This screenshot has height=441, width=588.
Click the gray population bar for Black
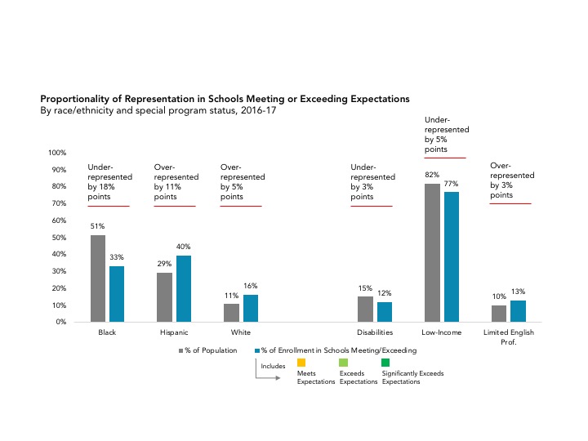98,278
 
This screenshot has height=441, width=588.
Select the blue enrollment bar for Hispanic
184,288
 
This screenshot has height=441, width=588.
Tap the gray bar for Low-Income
432,252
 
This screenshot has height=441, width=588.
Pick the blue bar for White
251,308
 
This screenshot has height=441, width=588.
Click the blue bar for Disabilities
385,311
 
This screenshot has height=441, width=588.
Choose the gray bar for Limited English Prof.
499,313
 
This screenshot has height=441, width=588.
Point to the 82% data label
432,175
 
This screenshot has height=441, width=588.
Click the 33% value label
117,257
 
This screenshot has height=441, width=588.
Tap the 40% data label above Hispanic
184,246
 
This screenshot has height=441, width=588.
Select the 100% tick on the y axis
57,153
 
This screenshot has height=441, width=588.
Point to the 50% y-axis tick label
59,238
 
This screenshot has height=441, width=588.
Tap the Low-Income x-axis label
442,333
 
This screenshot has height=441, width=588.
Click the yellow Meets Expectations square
301,362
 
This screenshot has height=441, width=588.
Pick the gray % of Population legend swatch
181,350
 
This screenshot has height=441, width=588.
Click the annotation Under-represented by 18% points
104,182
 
